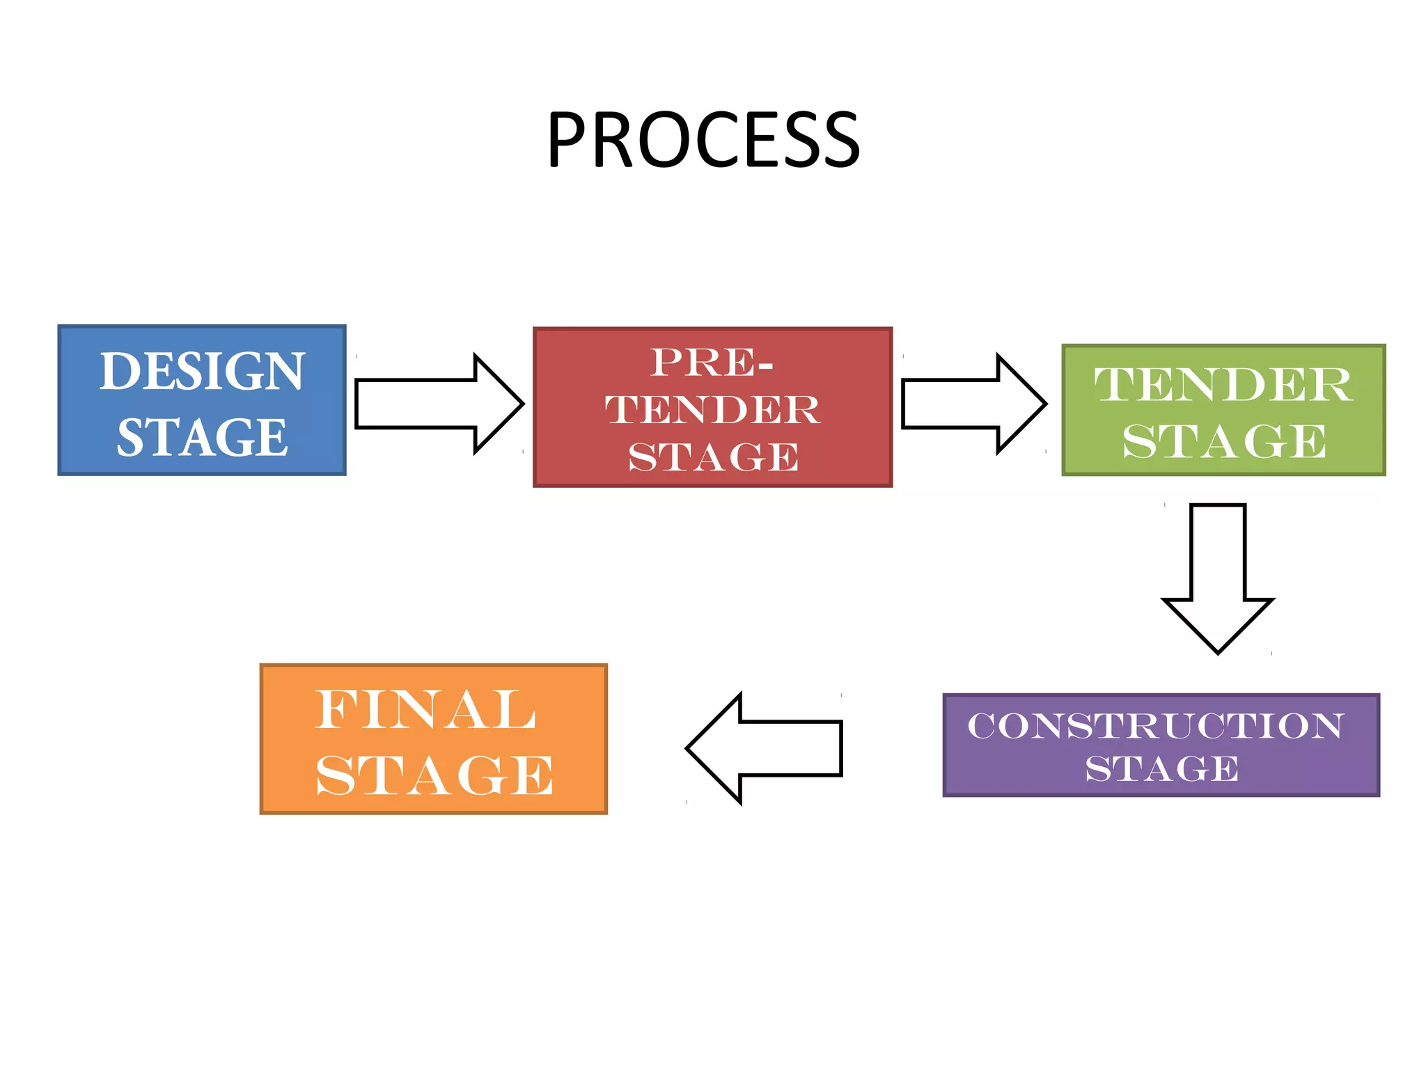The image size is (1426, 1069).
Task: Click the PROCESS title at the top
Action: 703,141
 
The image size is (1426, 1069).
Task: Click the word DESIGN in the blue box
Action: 202,371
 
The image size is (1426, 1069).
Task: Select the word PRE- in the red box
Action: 712,363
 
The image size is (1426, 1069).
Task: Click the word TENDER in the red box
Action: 712,409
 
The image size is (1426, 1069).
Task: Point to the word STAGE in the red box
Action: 713,457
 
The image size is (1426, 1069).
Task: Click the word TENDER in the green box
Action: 1223,384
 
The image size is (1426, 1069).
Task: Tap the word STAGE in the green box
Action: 1224,441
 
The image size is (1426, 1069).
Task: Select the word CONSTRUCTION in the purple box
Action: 1155,726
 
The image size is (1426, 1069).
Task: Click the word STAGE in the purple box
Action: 1162,768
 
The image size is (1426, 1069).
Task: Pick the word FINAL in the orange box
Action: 425,709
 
